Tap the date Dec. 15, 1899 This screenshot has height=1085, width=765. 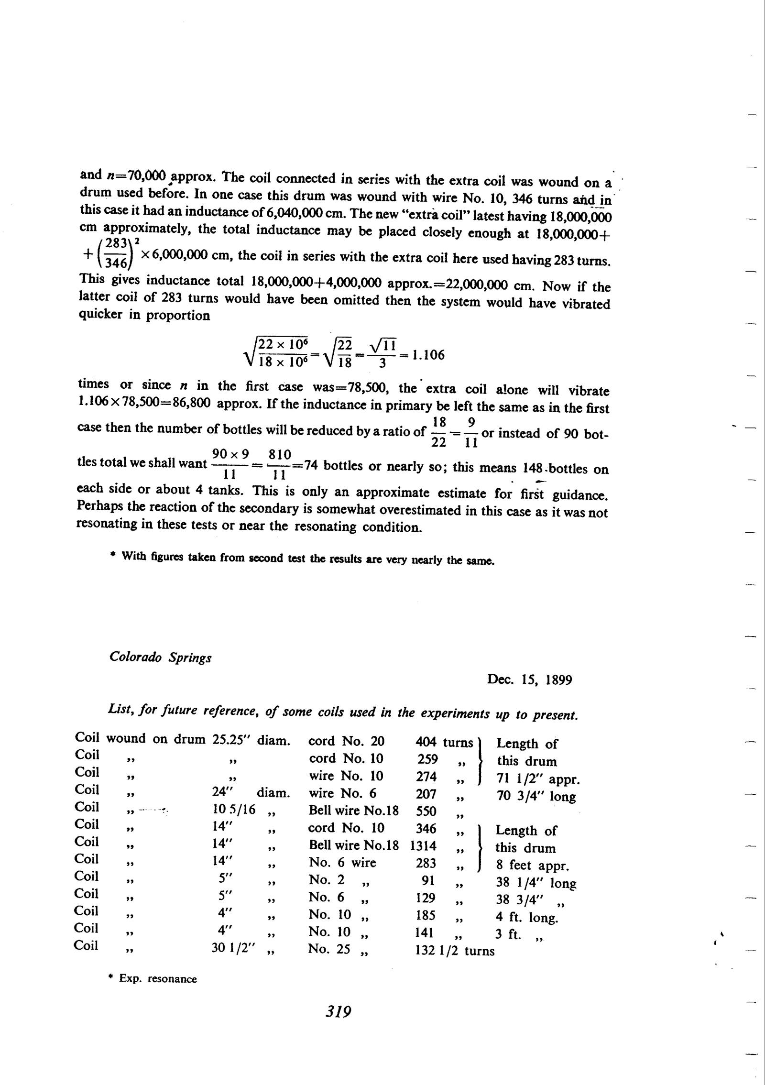tap(529, 679)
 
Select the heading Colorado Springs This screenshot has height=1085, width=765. tap(160, 658)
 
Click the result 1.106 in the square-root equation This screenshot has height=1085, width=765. tap(428, 355)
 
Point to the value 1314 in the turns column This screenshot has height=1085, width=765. tap(423, 846)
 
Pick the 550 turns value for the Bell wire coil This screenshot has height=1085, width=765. tap(426, 811)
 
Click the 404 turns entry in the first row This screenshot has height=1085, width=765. tap(426, 742)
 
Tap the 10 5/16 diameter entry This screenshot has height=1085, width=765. tap(234, 810)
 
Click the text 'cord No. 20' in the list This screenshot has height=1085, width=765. tap(346, 741)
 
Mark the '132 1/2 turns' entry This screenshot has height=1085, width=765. tap(455, 951)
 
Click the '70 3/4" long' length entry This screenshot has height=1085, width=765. tap(536, 797)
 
